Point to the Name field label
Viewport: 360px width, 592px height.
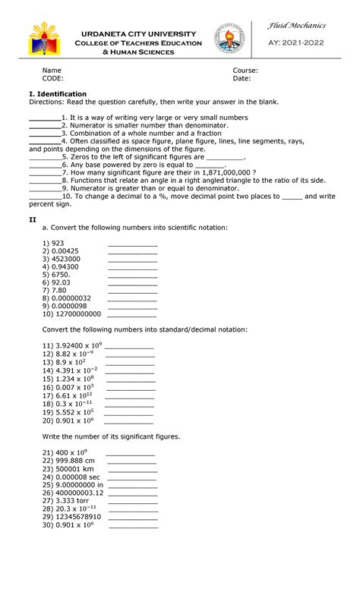coord(51,71)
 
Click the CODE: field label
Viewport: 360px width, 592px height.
coord(52,78)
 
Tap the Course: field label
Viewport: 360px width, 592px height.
coord(245,71)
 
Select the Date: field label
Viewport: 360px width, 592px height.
coord(242,78)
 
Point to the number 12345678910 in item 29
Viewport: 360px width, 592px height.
coord(78,517)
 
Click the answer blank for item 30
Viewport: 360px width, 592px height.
coord(134,525)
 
